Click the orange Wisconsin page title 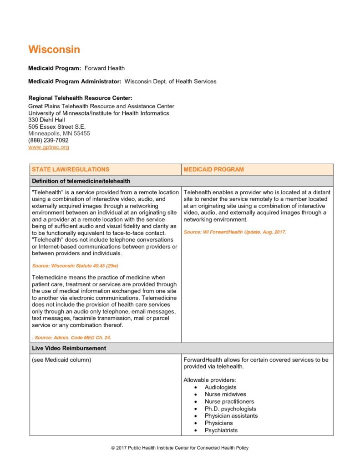[54, 49]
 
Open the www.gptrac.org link [49, 147]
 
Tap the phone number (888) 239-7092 [48, 140]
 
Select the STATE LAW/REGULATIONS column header [71, 169]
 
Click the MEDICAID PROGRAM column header [213, 169]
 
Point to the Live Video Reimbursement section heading [69, 348]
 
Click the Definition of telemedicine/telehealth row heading [81, 181]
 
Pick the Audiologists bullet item [220, 387]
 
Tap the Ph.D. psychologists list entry [230, 409]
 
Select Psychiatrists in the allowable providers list [221, 430]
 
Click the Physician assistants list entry [231, 415]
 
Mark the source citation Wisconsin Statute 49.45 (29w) [75, 265]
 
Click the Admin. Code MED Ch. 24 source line [73, 337]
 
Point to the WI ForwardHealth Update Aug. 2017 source [235, 232]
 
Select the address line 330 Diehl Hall [46, 120]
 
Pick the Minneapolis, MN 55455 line [59, 133]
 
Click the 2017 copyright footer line [180, 448]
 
